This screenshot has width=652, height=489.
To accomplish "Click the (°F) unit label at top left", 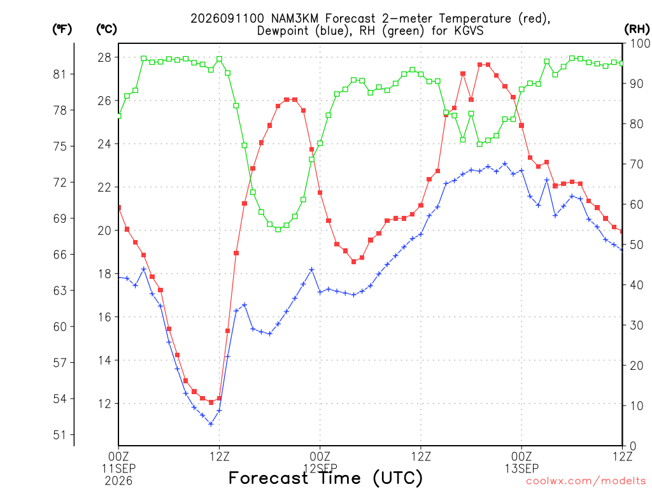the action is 62,29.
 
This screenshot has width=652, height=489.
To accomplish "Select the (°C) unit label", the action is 106,29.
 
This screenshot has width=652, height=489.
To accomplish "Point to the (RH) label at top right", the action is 637,29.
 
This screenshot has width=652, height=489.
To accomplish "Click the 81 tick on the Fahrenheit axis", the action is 59,74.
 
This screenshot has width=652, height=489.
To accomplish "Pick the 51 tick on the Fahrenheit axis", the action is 59,436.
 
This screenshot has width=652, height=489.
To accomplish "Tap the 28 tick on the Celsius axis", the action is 104,57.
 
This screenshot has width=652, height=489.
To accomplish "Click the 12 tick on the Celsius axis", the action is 104,404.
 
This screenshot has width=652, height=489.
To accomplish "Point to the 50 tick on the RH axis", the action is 637,245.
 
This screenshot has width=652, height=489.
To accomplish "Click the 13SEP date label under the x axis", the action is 522,469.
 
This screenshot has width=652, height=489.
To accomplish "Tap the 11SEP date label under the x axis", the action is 118,469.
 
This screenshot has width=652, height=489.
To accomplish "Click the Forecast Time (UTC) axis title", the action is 325,478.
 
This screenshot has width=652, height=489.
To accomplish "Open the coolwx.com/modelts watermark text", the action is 586,481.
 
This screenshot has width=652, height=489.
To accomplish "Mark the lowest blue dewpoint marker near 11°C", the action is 211,424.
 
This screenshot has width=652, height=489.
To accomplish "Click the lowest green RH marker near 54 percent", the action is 278,229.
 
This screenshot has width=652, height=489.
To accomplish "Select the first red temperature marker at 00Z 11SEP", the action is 119,208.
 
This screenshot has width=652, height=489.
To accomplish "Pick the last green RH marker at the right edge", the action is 621,63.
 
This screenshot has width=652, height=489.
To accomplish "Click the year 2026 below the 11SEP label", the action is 118,481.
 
